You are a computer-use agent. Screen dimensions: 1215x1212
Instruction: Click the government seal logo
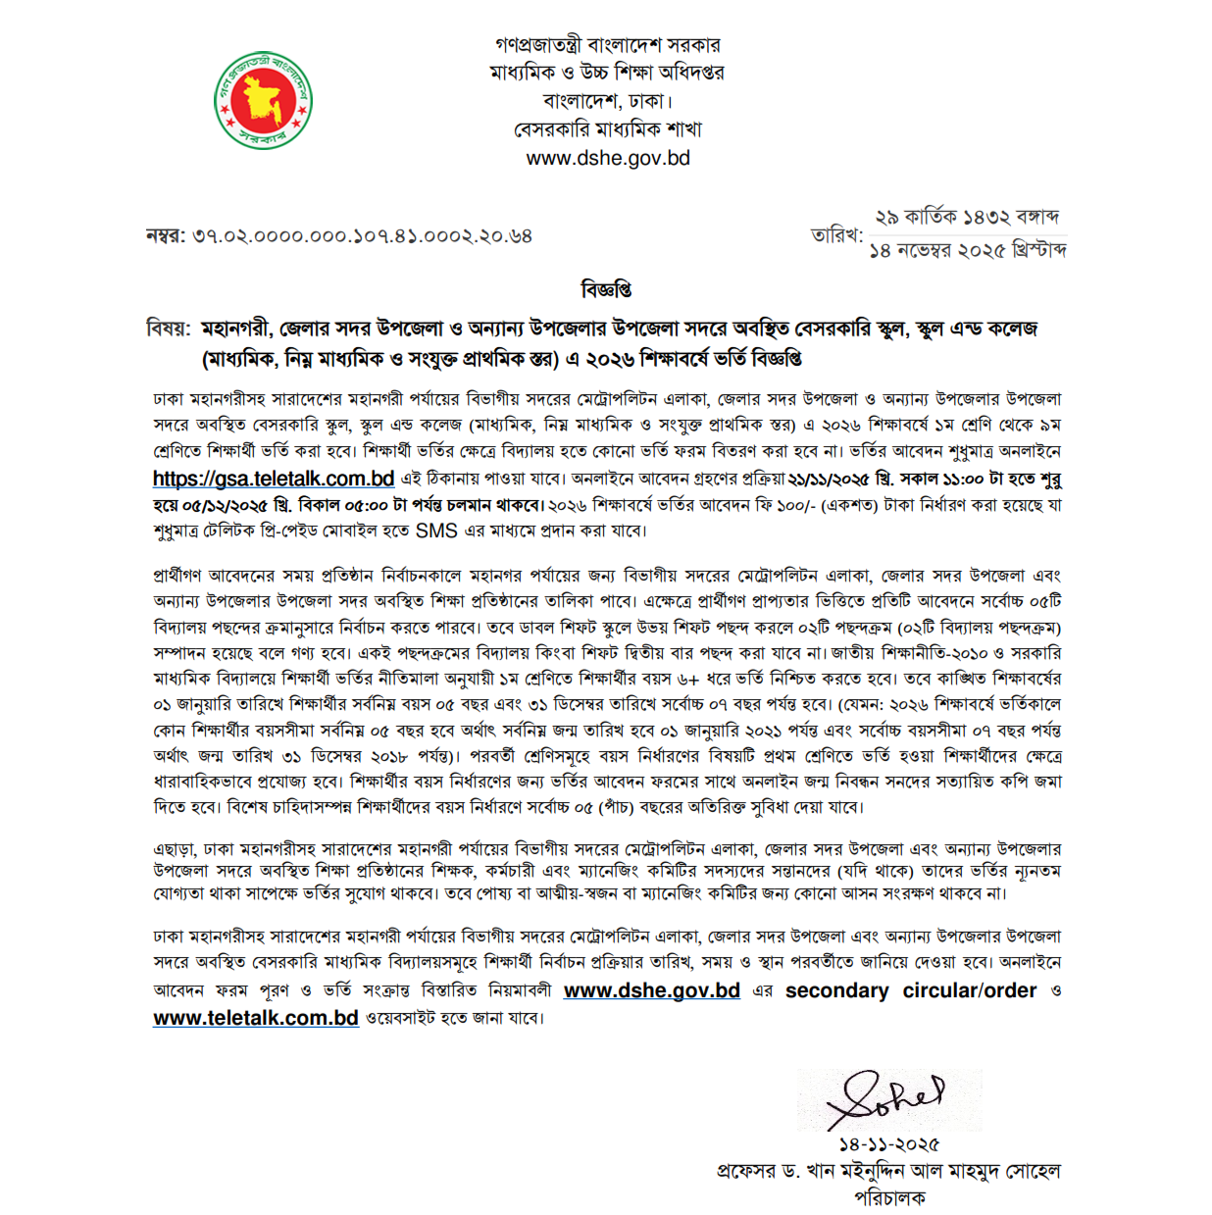(263, 101)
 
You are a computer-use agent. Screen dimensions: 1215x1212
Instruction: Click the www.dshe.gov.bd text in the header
(608, 158)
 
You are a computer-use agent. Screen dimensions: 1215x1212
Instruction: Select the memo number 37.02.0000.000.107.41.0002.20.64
(362, 236)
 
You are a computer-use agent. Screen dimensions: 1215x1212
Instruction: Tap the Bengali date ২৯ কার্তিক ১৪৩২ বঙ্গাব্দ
(966, 217)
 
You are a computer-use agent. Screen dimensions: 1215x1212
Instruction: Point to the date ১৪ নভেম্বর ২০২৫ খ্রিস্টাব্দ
(968, 251)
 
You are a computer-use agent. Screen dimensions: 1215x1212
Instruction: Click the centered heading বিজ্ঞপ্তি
(606, 289)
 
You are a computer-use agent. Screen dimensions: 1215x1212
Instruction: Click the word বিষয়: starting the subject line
(169, 329)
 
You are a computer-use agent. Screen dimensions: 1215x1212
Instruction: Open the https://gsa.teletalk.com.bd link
(274, 479)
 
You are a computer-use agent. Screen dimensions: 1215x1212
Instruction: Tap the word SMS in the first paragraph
(436, 531)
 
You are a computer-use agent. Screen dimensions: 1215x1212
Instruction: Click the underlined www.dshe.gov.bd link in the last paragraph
(651, 990)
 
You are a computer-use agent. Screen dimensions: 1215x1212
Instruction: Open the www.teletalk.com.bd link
(256, 1018)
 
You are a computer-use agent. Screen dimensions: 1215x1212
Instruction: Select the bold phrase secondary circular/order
(910, 990)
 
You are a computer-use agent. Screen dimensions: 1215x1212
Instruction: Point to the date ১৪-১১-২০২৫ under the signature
(888, 1144)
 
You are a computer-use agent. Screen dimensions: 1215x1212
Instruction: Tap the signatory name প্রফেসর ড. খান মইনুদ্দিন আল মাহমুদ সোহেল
(888, 1171)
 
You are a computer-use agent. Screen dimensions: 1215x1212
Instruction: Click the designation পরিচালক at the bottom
(889, 1197)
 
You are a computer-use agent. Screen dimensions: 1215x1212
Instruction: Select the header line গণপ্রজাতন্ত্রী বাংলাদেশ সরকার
(608, 45)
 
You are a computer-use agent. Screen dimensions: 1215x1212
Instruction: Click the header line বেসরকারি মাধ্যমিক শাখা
(608, 129)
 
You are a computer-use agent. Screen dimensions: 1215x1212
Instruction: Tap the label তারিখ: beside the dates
(836, 235)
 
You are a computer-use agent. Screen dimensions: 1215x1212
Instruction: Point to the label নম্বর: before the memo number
(166, 236)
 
